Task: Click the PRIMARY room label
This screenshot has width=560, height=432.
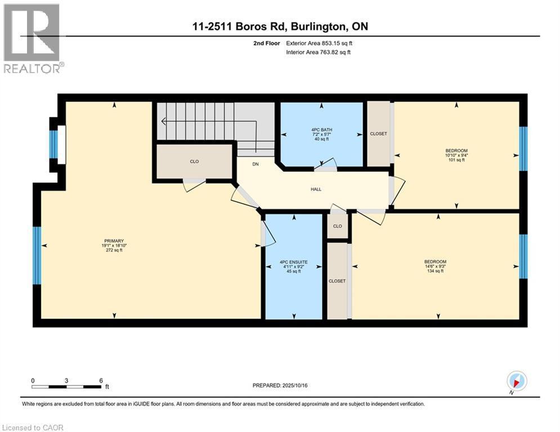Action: pos(114,241)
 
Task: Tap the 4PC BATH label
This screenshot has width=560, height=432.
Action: pos(321,129)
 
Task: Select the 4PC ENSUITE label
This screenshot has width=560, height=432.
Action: pos(294,262)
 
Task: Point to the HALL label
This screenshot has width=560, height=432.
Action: pos(316,190)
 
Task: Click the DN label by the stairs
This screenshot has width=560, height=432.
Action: pos(256,164)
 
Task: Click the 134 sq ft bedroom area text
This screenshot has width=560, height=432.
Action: pos(436,271)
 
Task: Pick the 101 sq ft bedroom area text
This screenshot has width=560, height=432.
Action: pos(456,160)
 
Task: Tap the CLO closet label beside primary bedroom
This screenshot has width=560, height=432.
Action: pos(194,161)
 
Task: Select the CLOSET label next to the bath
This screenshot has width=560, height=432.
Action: pos(379,133)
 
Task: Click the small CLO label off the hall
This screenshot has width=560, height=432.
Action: pos(338,226)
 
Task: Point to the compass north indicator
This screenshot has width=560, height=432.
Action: pos(517,382)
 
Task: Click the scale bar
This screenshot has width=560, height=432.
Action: pos(66,386)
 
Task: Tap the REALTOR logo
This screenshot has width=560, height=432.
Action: pos(32,39)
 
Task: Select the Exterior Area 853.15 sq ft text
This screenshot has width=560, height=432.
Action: pos(319,43)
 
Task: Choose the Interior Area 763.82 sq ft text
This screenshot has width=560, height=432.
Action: pos(318,52)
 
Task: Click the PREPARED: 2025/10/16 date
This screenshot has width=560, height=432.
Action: pos(280,385)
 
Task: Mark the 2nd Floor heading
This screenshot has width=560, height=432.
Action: pos(267,43)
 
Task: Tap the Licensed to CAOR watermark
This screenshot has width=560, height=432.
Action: pos(33,427)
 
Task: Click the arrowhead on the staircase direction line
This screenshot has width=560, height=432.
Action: pos(164,121)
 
